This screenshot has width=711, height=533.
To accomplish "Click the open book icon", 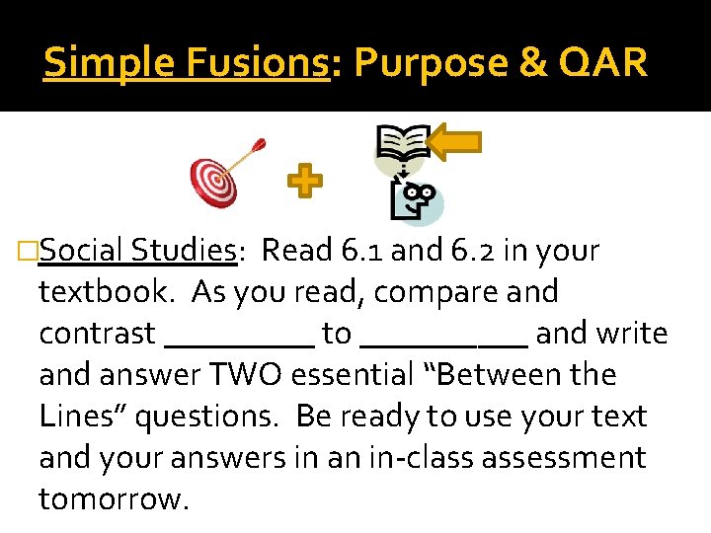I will (x=402, y=144).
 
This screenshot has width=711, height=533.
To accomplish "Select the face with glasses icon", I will (x=414, y=201).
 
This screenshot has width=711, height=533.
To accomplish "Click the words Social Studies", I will (x=137, y=251).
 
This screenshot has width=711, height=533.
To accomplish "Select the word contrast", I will (x=97, y=334).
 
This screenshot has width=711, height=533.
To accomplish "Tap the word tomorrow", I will (x=112, y=499).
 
